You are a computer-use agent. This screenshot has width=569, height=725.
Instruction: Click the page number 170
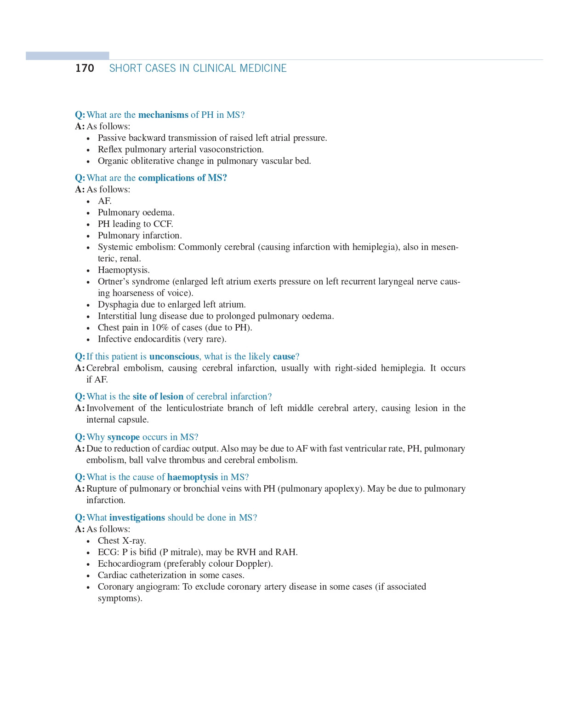(85, 68)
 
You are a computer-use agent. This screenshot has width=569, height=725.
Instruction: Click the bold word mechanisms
(163, 115)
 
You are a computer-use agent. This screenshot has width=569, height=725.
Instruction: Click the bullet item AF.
(104, 201)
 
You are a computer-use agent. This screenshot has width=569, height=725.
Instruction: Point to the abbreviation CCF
(163, 224)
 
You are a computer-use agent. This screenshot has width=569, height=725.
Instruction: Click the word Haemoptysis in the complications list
(123, 270)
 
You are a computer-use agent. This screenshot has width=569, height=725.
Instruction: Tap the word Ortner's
(114, 281)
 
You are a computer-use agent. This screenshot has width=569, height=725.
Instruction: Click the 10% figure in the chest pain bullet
(160, 327)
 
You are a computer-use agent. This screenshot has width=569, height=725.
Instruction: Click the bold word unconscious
(174, 356)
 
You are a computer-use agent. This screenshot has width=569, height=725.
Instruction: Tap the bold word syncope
(123, 437)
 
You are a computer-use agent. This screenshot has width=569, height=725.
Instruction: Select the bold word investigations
(137, 517)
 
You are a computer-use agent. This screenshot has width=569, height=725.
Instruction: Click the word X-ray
(134, 540)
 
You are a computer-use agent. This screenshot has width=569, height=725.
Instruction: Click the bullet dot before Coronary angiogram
(88, 587)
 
